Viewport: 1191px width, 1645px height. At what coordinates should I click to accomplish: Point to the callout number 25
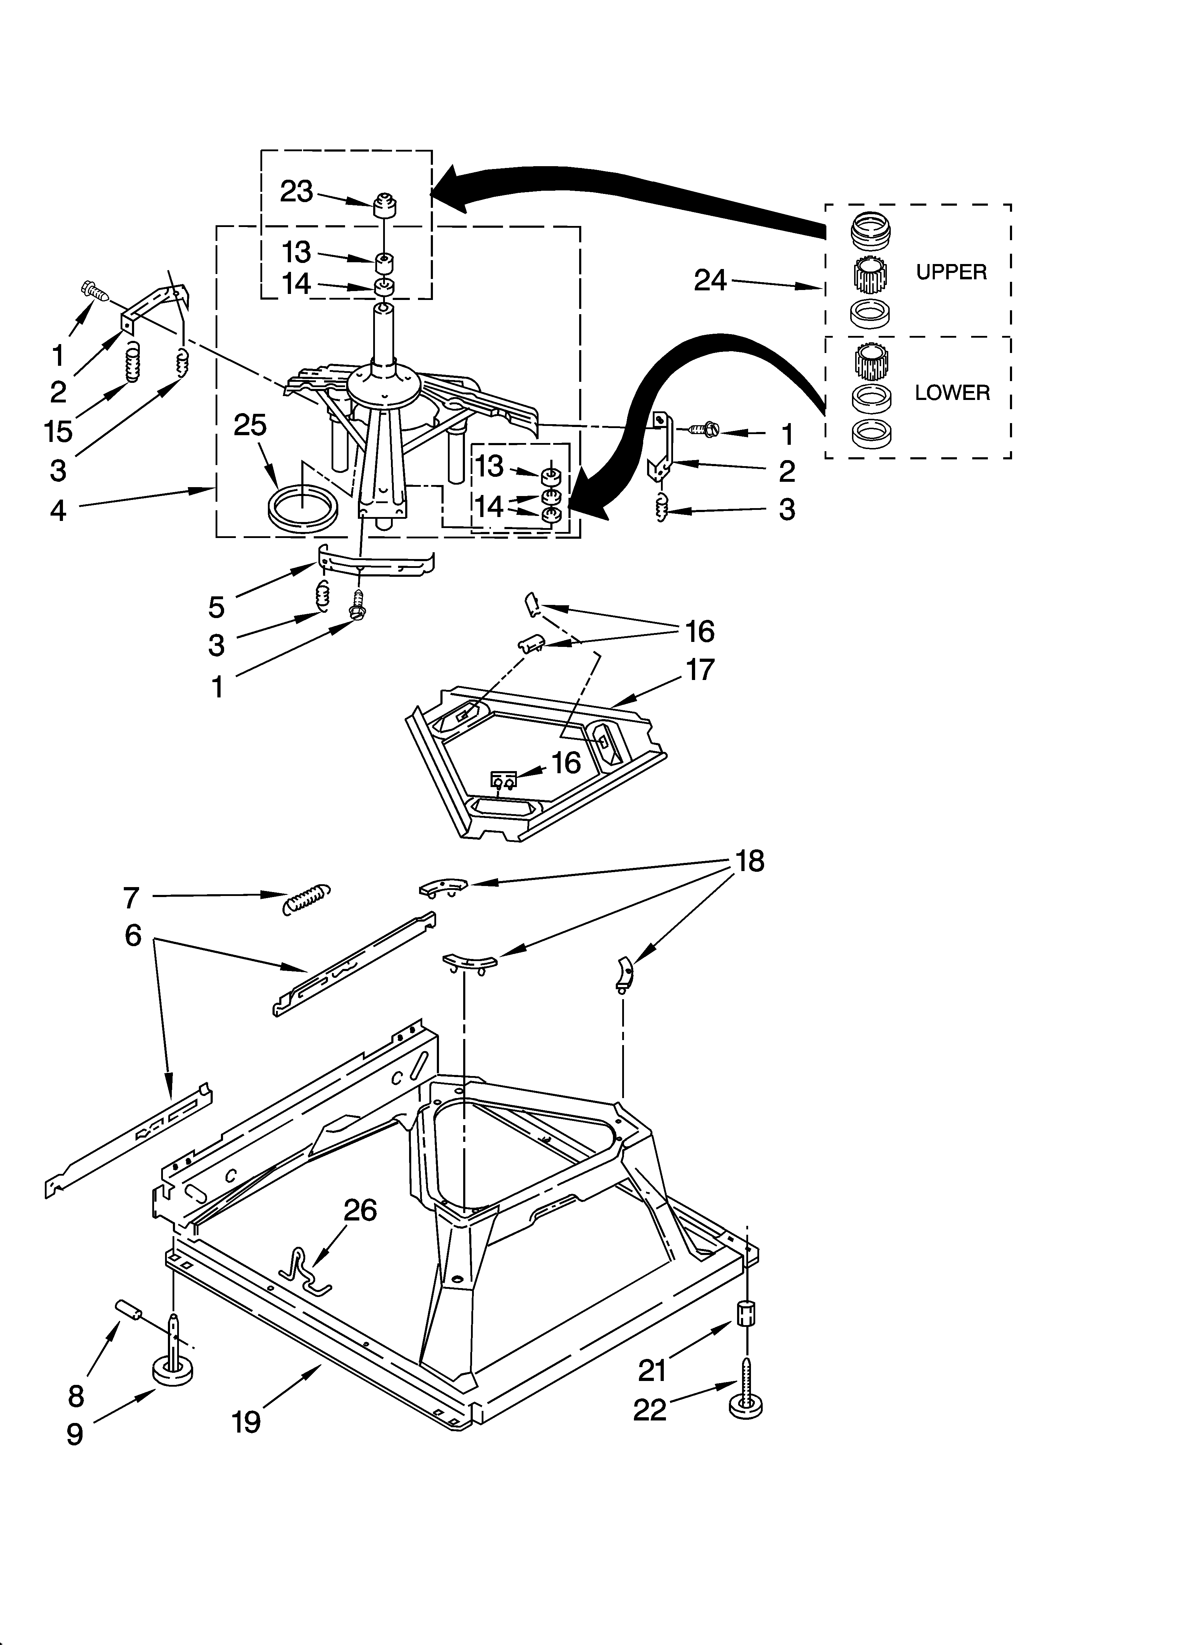coord(250,425)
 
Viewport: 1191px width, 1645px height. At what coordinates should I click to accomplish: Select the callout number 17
coord(700,669)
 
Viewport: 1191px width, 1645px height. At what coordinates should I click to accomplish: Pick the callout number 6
coord(133,935)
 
